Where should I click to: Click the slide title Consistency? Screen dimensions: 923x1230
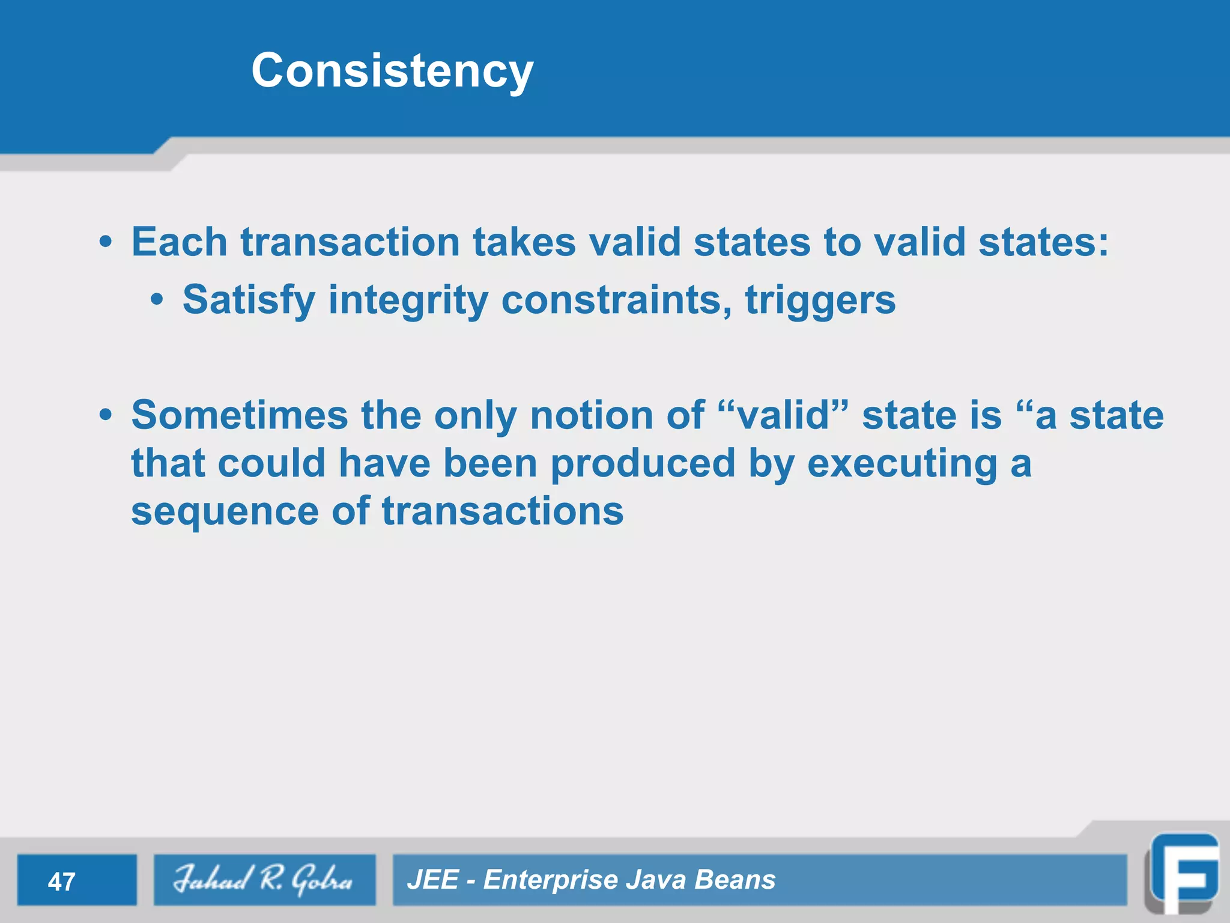tap(392, 71)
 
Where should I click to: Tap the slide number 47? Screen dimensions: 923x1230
tap(61, 882)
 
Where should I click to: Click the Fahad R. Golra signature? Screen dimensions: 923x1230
tap(264, 879)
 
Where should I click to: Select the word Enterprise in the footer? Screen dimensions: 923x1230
tap(550, 879)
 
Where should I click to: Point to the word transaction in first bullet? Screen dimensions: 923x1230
tap(350, 242)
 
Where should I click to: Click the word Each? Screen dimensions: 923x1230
tap(179, 242)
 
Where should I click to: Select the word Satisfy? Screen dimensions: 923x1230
tap(249, 300)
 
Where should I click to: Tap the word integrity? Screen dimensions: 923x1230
tap(408, 300)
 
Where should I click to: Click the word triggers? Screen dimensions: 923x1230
tap(820, 300)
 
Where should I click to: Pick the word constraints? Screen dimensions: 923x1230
tap(617, 300)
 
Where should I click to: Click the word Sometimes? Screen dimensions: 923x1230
tap(240, 415)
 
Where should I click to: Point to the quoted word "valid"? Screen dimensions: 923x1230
tap(783, 415)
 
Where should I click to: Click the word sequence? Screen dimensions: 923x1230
tap(225, 512)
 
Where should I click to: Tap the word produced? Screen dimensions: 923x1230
tap(643, 464)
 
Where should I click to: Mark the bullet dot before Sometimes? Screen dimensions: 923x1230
tap(106, 415)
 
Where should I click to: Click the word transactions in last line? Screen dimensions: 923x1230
tap(503, 512)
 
